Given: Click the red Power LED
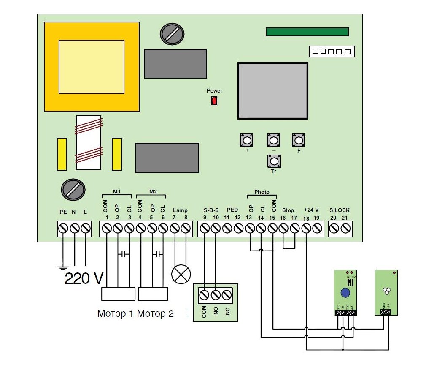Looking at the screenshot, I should click(214, 101).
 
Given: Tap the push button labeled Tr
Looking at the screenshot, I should click(274, 161).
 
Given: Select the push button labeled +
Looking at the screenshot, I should click(247, 140).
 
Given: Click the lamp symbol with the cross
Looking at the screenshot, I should click(181, 275).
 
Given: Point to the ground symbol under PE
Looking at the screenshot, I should click(63, 267).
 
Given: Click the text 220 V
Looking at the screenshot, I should click(84, 278).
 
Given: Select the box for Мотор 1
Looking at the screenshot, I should click(118, 294).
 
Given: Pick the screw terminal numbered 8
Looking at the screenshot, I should click(186, 229).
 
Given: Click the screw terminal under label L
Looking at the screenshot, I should click(86, 229).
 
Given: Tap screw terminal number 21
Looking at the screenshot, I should click(346, 229).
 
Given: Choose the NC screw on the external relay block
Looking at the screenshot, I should click(227, 294).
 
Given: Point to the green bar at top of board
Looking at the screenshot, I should click(307, 32).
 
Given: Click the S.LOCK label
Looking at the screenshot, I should click(340, 210).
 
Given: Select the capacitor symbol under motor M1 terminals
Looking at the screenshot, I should click(124, 254).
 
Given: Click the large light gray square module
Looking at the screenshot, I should click(272, 91).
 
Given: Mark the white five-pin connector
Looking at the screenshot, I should click(332, 52).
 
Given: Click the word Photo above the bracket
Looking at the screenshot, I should click(262, 192).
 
